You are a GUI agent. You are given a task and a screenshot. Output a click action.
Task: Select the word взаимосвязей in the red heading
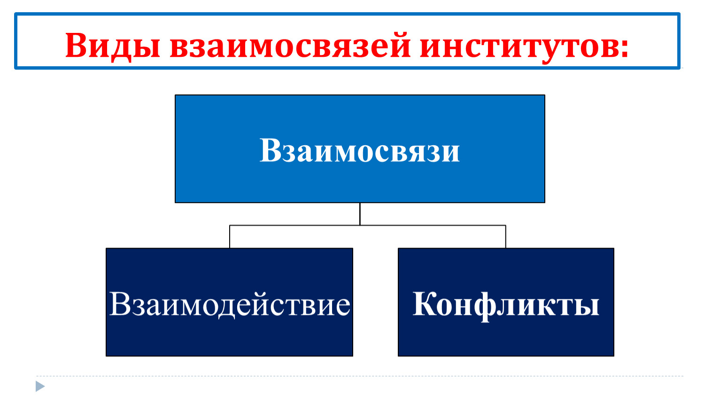pyautogui.click(x=290, y=46)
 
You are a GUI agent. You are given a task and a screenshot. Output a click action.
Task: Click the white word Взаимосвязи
pyautogui.click(x=360, y=150)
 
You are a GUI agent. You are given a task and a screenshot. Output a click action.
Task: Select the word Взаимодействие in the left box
pyautogui.click(x=230, y=304)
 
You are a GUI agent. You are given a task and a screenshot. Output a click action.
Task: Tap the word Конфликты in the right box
pyautogui.click(x=506, y=304)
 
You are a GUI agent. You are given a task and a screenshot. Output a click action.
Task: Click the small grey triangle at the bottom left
pyautogui.click(x=40, y=386)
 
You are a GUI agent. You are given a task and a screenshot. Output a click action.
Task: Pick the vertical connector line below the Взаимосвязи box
pyautogui.click(x=360, y=214)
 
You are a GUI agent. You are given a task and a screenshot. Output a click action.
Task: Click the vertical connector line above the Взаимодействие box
pyautogui.click(x=230, y=236)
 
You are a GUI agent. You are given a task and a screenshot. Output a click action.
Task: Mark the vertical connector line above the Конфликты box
pyautogui.click(x=506, y=236)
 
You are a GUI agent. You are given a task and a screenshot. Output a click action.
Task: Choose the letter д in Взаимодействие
pyautogui.click(x=227, y=307)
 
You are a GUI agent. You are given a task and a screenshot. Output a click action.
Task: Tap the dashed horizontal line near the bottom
pyautogui.click(x=360, y=376)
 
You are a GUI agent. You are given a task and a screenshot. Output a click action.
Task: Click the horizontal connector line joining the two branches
pyautogui.click(x=368, y=225)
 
